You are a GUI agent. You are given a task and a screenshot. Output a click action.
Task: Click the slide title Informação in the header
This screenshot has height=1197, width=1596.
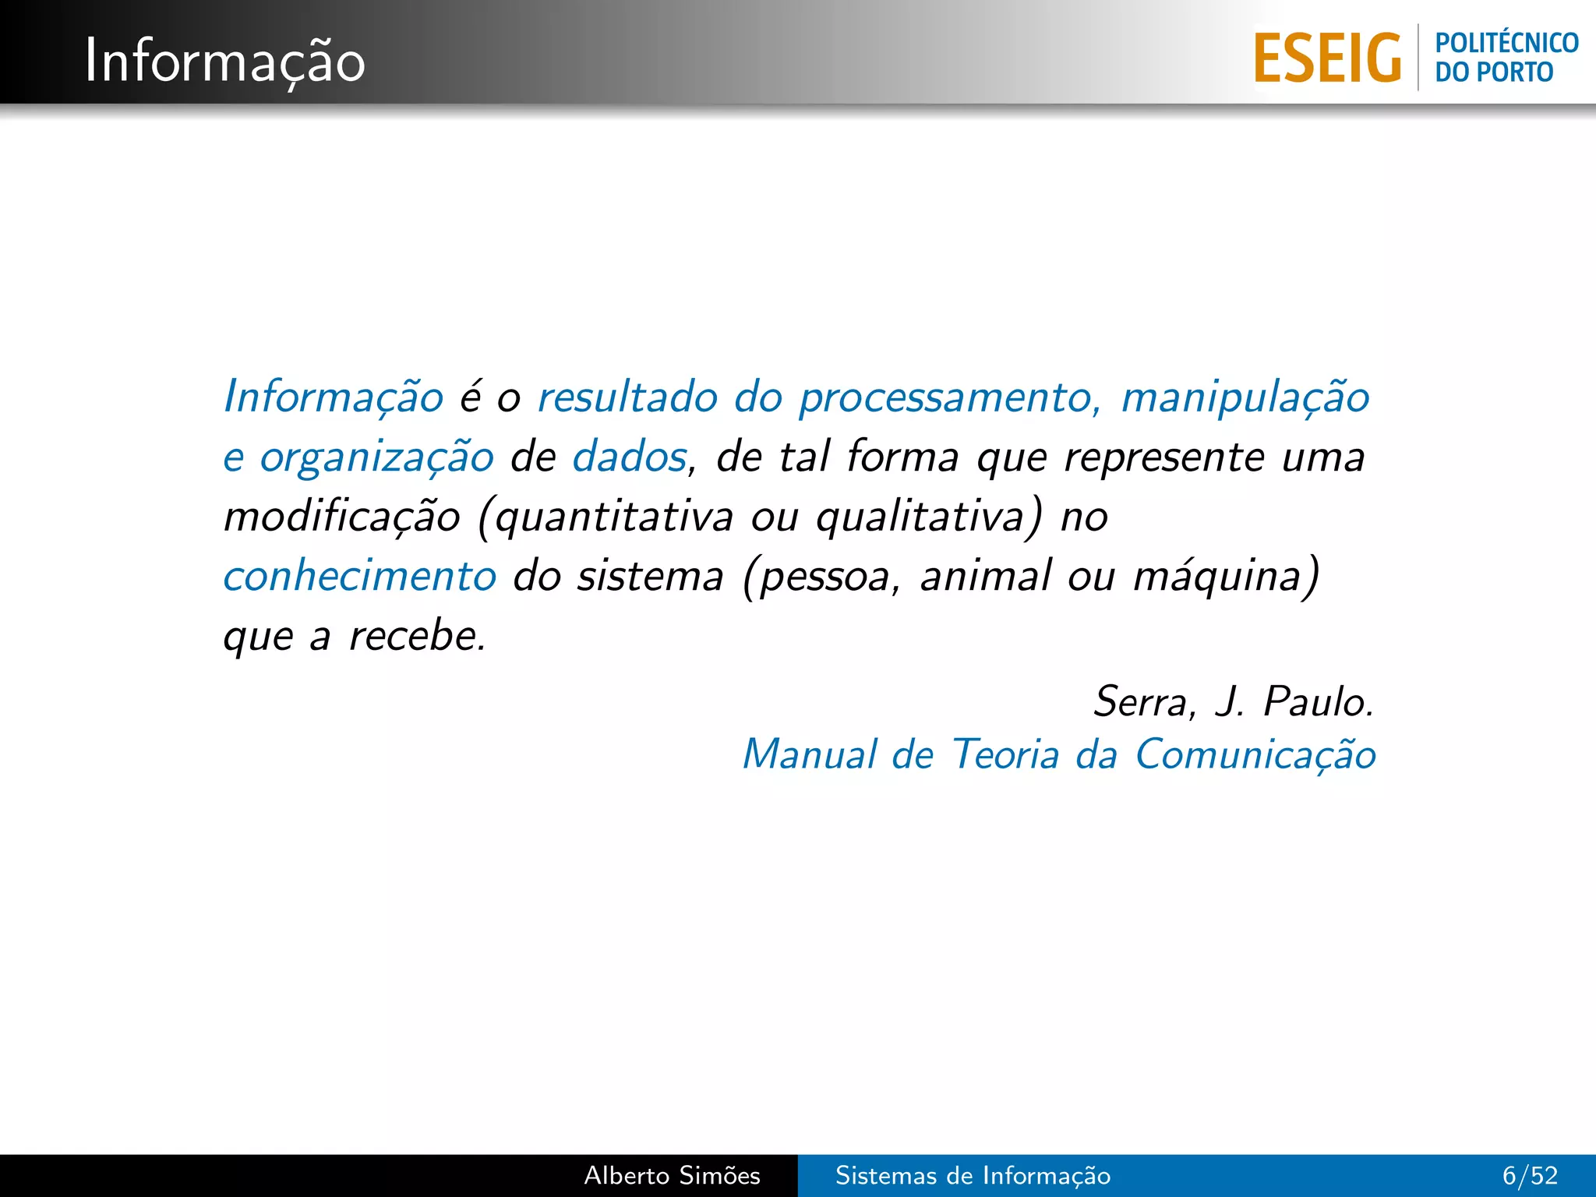click(x=224, y=61)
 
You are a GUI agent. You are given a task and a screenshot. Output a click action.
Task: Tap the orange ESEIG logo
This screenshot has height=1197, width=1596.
click(x=1327, y=58)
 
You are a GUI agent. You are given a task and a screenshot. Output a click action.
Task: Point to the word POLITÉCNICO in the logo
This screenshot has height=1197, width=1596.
click(x=1506, y=43)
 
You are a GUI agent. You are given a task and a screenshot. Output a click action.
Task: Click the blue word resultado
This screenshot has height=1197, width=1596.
click(x=627, y=397)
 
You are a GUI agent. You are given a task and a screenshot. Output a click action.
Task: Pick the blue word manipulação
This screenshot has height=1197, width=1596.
click(x=1245, y=398)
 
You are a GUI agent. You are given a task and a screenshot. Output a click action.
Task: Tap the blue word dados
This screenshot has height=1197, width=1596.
click(x=630, y=457)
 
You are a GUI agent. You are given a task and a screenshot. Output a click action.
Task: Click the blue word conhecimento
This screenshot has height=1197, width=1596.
click(x=360, y=577)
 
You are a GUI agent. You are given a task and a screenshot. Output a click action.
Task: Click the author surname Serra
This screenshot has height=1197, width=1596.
click(x=1140, y=701)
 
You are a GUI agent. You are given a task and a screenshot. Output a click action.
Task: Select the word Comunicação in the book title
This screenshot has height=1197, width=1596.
click(x=1255, y=755)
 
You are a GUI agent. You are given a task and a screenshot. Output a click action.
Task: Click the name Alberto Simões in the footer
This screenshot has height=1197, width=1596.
click(x=672, y=1175)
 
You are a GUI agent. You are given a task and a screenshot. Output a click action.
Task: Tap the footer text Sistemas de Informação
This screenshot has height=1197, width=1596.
click(x=973, y=1175)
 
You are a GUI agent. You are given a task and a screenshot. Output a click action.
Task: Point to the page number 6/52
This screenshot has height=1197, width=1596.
click(x=1530, y=1175)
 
